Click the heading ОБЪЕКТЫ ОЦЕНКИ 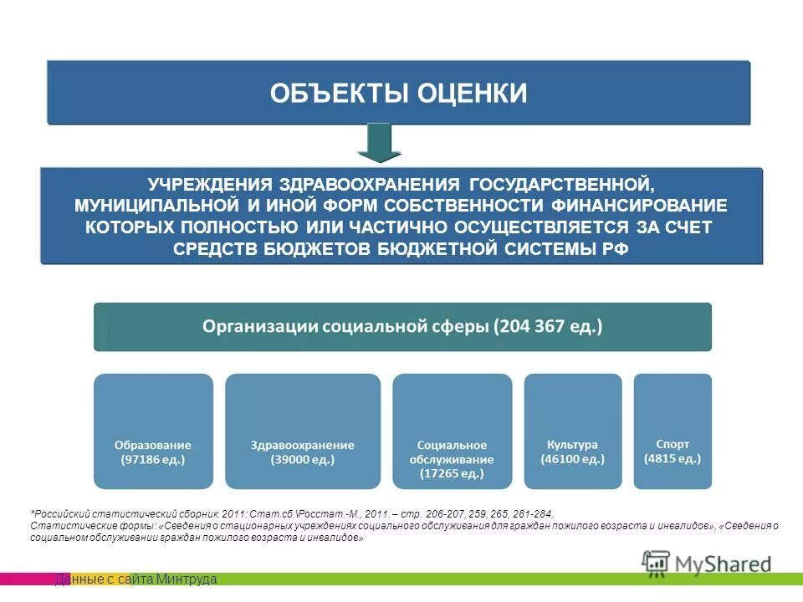(398, 93)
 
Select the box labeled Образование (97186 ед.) (153, 431)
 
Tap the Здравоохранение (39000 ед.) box (302, 431)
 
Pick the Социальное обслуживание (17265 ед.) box (452, 431)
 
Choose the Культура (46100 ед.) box (572, 431)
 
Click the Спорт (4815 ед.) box (673, 431)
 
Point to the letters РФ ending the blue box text (615, 248)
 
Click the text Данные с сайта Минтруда (136, 579)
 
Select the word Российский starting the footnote (64, 513)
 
